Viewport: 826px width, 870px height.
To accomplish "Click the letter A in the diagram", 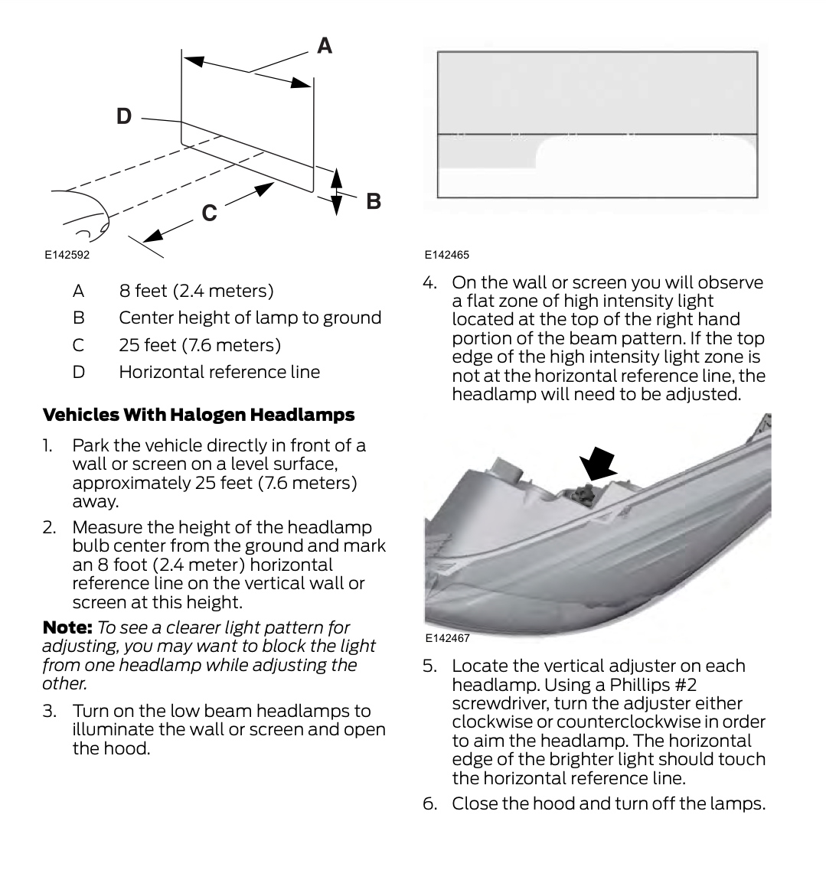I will pyautogui.click(x=325, y=47).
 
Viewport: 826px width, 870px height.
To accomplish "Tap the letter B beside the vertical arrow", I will pyautogui.click(x=374, y=201).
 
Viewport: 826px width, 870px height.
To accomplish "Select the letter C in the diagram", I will pyautogui.click(x=210, y=213).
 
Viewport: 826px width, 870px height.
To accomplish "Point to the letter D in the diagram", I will pyautogui.click(x=124, y=117).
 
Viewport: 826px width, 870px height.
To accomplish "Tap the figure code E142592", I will pyautogui.click(x=67, y=255).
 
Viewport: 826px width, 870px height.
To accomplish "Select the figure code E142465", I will pyautogui.click(x=447, y=254).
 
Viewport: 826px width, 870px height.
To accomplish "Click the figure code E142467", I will pyautogui.click(x=447, y=637).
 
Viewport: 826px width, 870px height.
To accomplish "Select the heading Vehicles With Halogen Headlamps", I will pyautogui.click(x=198, y=415).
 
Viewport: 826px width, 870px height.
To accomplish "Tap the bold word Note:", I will pyautogui.click(x=67, y=627).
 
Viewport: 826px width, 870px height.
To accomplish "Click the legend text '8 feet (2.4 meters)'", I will pyautogui.click(x=196, y=291).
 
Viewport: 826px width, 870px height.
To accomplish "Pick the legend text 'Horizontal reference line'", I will pyautogui.click(x=219, y=372).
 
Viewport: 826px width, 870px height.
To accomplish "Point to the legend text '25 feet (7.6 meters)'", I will pyautogui.click(x=200, y=345).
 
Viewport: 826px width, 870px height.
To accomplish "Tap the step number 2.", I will pyautogui.click(x=48, y=528).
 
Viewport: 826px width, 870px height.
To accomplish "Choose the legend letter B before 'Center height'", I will pyautogui.click(x=77, y=318).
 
